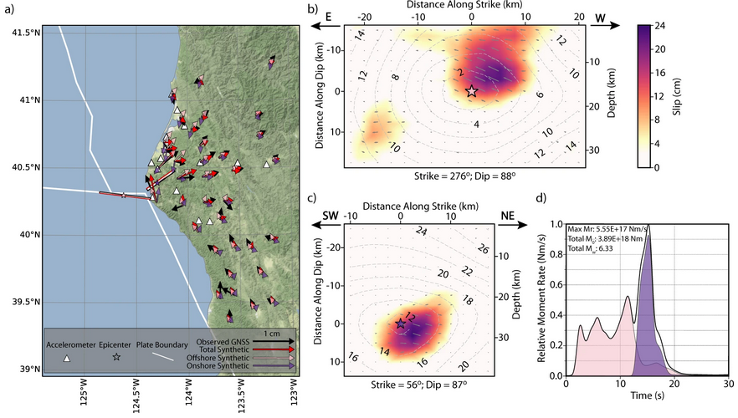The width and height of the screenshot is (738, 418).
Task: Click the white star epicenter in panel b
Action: click(472, 91)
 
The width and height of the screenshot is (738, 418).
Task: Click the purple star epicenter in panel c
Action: click(400, 324)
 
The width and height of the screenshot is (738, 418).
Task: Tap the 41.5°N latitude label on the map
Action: click(27, 33)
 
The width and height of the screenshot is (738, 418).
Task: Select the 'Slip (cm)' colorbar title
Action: click(676, 96)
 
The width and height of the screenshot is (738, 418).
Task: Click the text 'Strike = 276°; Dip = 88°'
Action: click(465, 176)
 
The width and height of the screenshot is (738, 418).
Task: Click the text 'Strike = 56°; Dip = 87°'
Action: click(419, 385)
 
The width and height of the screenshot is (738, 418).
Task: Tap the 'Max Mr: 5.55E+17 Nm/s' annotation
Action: click(607, 229)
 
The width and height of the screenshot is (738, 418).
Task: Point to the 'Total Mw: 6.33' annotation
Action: click(591, 248)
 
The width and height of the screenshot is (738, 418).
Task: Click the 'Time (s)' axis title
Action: click(647, 395)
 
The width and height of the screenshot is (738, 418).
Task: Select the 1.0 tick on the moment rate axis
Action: click(556, 224)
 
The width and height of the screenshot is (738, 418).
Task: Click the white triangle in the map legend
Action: click(67, 359)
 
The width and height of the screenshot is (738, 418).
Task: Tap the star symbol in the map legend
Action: click(116, 357)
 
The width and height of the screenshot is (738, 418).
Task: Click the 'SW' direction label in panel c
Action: click(331, 216)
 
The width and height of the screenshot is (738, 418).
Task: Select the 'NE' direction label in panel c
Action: click(507, 216)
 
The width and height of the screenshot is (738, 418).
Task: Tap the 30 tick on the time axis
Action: click(729, 384)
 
